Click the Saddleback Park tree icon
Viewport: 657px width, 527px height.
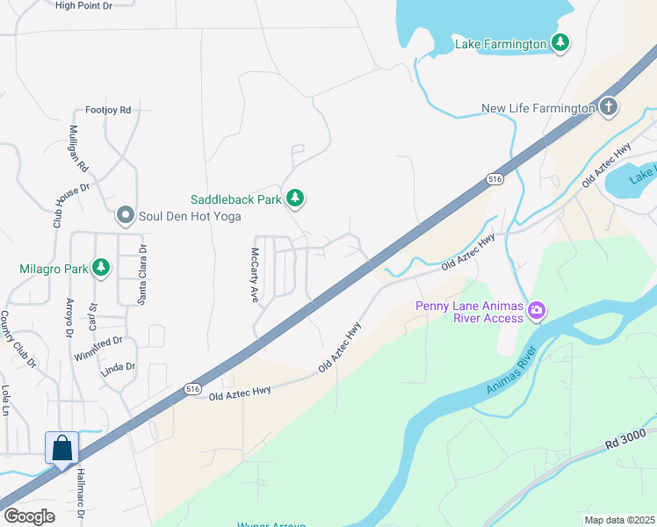(x=296, y=199)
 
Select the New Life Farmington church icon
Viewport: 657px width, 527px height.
(x=610, y=107)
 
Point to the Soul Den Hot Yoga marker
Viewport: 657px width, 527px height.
(x=126, y=214)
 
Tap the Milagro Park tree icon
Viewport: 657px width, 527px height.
(x=101, y=267)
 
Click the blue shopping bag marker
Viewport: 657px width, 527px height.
(x=62, y=448)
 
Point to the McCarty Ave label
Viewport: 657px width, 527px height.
(x=255, y=274)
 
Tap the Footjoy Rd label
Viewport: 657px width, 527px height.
(x=108, y=111)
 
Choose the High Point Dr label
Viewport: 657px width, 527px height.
(x=84, y=5)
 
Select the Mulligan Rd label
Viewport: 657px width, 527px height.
(x=79, y=148)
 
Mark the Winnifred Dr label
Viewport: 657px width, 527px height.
(x=97, y=346)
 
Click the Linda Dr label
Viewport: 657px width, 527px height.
(x=119, y=367)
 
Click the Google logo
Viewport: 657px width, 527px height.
(x=29, y=516)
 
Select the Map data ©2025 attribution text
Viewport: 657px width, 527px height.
(x=619, y=519)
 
